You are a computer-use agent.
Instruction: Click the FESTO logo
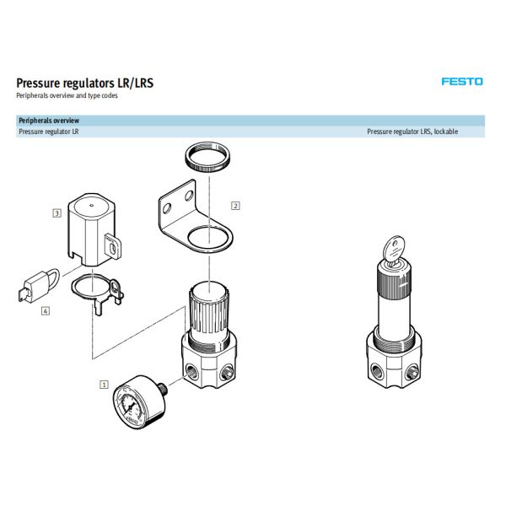(x=462, y=82)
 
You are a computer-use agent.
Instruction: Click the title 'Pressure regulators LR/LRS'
(x=85, y=83)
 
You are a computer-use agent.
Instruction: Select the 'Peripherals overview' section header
(x=49, y=121)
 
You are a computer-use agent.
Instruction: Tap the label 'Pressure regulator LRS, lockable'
(x=412, y=132)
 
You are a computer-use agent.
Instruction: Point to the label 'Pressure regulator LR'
(x=49, y=132)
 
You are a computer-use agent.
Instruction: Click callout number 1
(x=105, y=385)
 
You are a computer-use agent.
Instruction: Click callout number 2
(x=235, y=205)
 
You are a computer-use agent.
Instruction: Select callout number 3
(x=56, y=214)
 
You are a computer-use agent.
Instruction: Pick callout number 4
(x=46, y=310)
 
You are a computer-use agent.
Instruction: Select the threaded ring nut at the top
(x=207, y=158)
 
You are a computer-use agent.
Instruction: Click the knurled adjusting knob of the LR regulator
(x=207, y=304)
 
